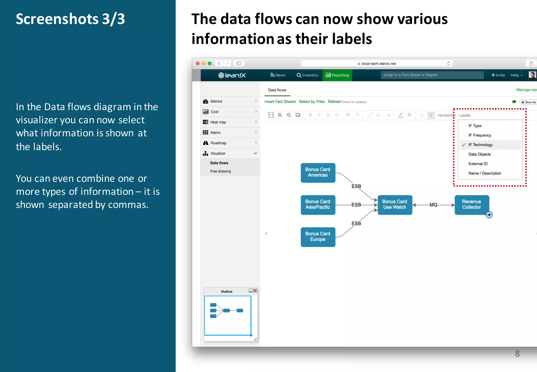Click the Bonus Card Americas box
[318, 173]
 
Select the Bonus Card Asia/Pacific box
[318, 205]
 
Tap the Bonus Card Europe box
[318, 237]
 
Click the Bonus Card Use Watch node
[395, 205]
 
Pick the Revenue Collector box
[471, 204]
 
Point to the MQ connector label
[433, 205]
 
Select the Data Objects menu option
[479, 154]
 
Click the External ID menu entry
[478, 164]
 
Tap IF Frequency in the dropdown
[480, 135]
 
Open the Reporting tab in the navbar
[337, 75]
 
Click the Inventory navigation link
[307, 75]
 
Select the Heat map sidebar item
[218, 122]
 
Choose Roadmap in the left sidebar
[218, 143]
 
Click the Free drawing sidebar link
[220, 171]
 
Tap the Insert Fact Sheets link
[280, 102]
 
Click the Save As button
[528, 102]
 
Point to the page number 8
[517, 354]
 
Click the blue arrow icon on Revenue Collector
[489, 215]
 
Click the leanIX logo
[232, 75]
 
